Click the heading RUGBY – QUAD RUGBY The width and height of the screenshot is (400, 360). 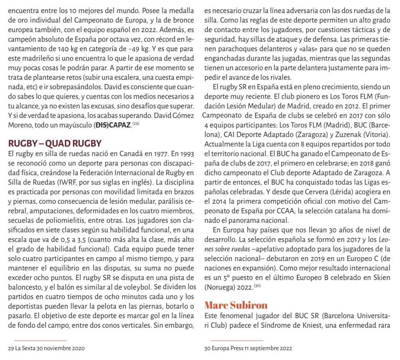coord(55,143)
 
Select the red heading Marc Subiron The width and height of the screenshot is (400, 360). coord(236,305)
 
